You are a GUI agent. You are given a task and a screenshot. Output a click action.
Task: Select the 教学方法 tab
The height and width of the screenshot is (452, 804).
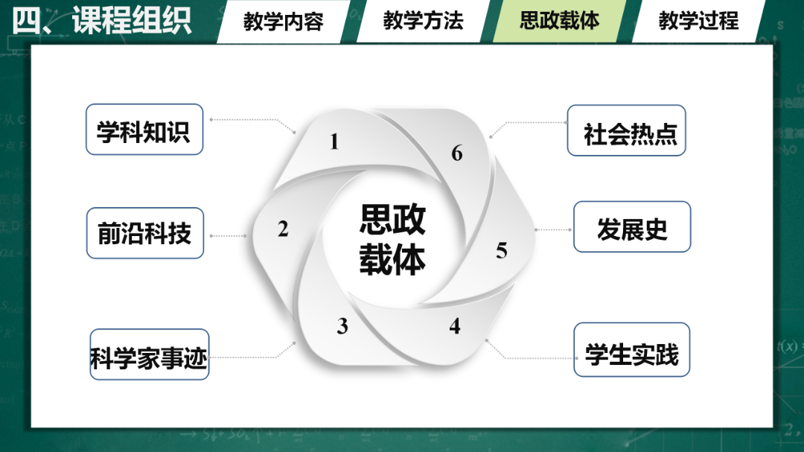423,21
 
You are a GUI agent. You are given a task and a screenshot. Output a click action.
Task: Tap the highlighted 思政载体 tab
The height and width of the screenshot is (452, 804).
559,21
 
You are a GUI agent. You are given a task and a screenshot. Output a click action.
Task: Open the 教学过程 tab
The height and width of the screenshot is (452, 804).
698,21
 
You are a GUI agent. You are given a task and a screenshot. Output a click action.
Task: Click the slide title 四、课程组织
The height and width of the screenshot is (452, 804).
102,21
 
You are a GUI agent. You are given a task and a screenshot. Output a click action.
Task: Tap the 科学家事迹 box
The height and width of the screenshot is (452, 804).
149,355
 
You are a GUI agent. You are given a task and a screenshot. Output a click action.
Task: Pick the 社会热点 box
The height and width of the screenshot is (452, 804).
626,131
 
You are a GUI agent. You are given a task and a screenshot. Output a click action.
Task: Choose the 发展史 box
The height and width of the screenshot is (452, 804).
632,227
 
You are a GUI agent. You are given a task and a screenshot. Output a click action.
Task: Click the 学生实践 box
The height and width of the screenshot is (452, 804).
631,351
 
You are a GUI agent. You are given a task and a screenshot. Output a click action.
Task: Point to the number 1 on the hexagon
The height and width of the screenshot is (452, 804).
334,141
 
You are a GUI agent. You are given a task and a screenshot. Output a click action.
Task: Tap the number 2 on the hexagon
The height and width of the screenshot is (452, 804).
283,229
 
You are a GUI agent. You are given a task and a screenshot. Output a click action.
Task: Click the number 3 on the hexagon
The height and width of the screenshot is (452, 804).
342,326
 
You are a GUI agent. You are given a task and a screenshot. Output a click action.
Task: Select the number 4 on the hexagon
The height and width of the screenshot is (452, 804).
455,326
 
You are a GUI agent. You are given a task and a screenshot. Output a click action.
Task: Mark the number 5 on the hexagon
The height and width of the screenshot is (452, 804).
502,251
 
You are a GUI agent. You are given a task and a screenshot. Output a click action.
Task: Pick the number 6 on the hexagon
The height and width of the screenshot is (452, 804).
457,153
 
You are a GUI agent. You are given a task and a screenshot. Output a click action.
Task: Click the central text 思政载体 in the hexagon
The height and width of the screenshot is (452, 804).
392,239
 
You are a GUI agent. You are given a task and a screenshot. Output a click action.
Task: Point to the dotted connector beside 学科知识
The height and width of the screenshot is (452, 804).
253,120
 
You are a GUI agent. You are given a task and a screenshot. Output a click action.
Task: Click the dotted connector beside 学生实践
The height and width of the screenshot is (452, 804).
530,357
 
